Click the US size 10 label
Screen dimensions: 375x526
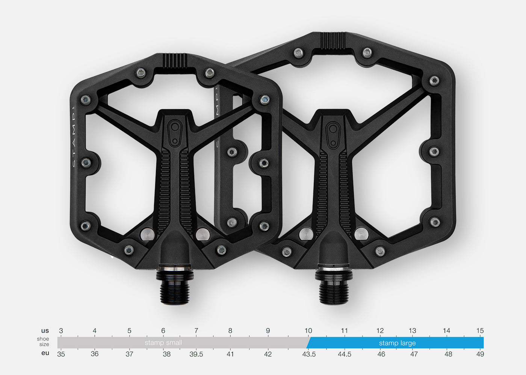(308, 331)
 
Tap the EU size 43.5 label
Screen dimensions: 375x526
(309, 354)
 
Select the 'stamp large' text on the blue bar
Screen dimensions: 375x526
(397, 343)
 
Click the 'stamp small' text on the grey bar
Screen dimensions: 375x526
(163, 343)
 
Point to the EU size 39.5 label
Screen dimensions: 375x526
(196, 354)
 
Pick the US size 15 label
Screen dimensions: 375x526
(480, 331)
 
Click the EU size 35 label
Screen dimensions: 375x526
(61, 354)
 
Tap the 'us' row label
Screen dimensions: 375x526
(45, 331)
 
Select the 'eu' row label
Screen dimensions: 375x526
(45, 353)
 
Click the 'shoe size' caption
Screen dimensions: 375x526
(43, 342)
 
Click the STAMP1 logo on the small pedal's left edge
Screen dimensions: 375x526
(74, 137)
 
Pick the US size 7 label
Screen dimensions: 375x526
(196, 331)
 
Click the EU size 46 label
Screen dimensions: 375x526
(381, 354)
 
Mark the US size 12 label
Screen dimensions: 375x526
(380, 331)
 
